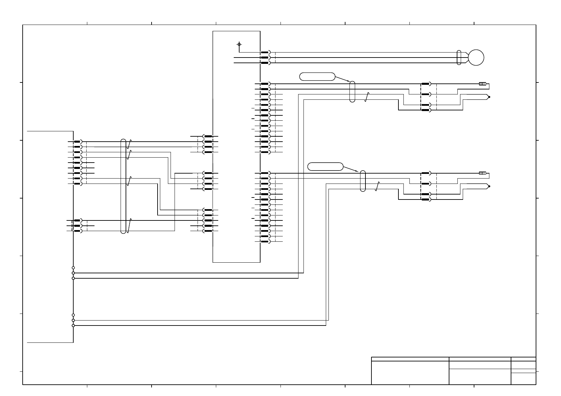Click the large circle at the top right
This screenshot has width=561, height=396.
(476, 58)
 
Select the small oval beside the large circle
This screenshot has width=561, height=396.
(459, 58)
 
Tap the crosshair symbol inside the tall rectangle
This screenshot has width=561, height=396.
(239, 44)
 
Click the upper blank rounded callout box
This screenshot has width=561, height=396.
(317, 76)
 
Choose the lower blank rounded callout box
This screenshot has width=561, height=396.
(325, 167)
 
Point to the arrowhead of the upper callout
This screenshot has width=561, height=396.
(348, 81)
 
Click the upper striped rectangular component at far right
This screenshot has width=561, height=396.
(482, 84)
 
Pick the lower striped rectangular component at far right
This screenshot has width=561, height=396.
(482, 173)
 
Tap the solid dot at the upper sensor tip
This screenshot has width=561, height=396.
(489, 97)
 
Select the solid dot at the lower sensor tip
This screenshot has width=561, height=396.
(489, 187)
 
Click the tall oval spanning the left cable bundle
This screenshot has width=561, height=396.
(123, 186)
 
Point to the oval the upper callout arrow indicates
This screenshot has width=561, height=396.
(352, 91)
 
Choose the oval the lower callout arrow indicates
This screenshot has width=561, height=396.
(363, 181)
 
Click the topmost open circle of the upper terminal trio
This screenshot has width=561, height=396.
(73, 268)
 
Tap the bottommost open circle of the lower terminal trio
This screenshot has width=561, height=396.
(73, 326)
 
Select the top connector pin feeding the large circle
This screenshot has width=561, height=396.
(265, 52)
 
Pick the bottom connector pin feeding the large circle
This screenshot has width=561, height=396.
(265, 63)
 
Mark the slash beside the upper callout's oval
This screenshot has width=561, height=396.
(367, 97)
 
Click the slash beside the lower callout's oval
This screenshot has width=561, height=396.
(377, 186)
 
